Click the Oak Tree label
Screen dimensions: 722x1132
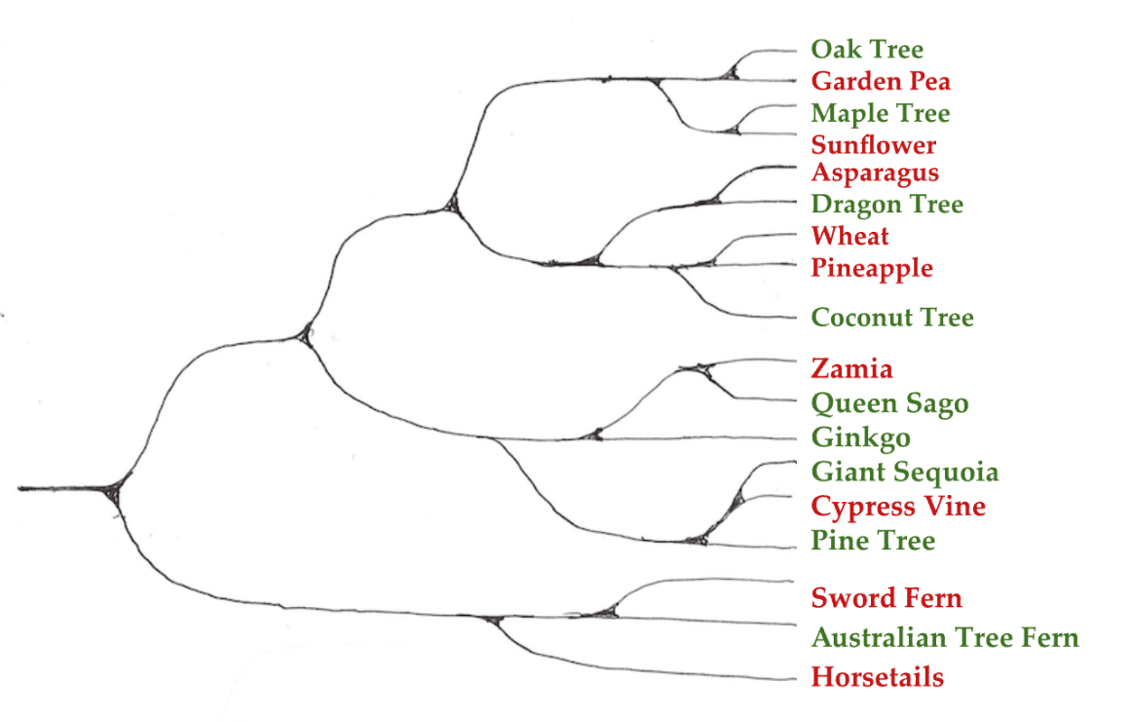(867, 50)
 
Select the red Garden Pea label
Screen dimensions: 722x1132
(881, 81)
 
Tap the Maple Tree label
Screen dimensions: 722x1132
(880, 113)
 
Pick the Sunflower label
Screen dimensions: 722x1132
(874, 145)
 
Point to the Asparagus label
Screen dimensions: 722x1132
(875, 172)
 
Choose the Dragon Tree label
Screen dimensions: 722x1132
(887, 205)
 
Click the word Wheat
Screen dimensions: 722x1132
(850, 236)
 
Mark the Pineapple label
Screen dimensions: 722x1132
(872, 268)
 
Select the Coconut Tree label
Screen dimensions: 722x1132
(892, 318)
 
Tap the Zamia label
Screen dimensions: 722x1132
(851, 369)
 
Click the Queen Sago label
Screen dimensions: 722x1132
(889, 403)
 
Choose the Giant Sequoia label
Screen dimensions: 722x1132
(905, 473)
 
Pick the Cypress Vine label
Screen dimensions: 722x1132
(898, 507)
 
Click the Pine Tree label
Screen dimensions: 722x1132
(873, 541)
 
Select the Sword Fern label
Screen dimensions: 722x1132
(887, 598)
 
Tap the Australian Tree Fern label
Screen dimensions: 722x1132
(945, 638)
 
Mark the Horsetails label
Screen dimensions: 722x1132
(878, 677)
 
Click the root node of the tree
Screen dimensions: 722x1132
(113, 488)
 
